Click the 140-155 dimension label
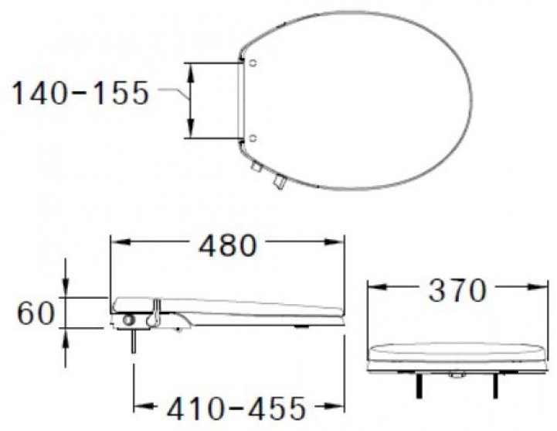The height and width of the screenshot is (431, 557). coord(79,94)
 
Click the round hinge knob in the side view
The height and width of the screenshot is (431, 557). coord(128,320)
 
